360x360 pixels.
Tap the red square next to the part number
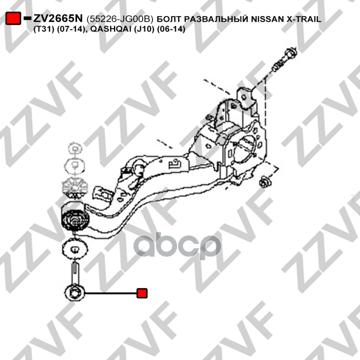(13, 19)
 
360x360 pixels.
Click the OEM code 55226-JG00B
(120, 19)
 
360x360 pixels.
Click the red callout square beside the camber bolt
(142, 293)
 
